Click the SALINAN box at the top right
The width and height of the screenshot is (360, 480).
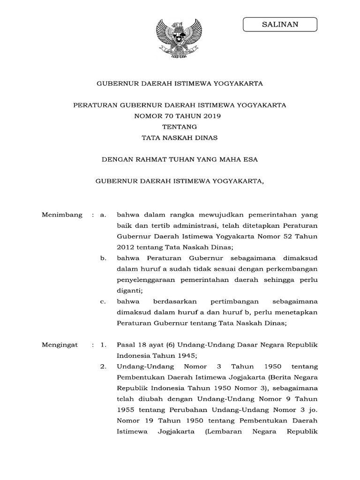click(280, 24)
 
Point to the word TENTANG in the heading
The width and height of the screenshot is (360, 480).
click(180, 127)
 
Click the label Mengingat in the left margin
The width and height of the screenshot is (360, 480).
click(60, 345)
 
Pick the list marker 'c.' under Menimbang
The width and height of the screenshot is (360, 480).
click(103, 301)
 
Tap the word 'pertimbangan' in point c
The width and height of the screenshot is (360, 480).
click(225, 301)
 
